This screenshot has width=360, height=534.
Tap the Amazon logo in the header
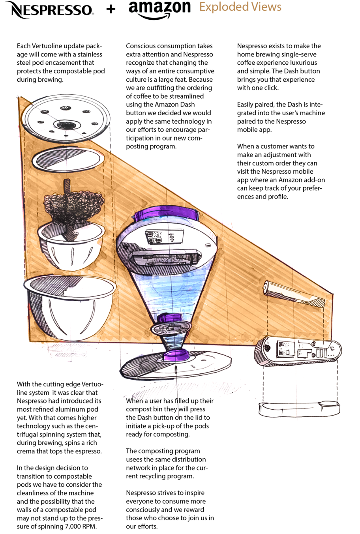click(x=159, y=9)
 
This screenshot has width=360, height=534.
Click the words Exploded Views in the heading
click(x=240, y=7)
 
